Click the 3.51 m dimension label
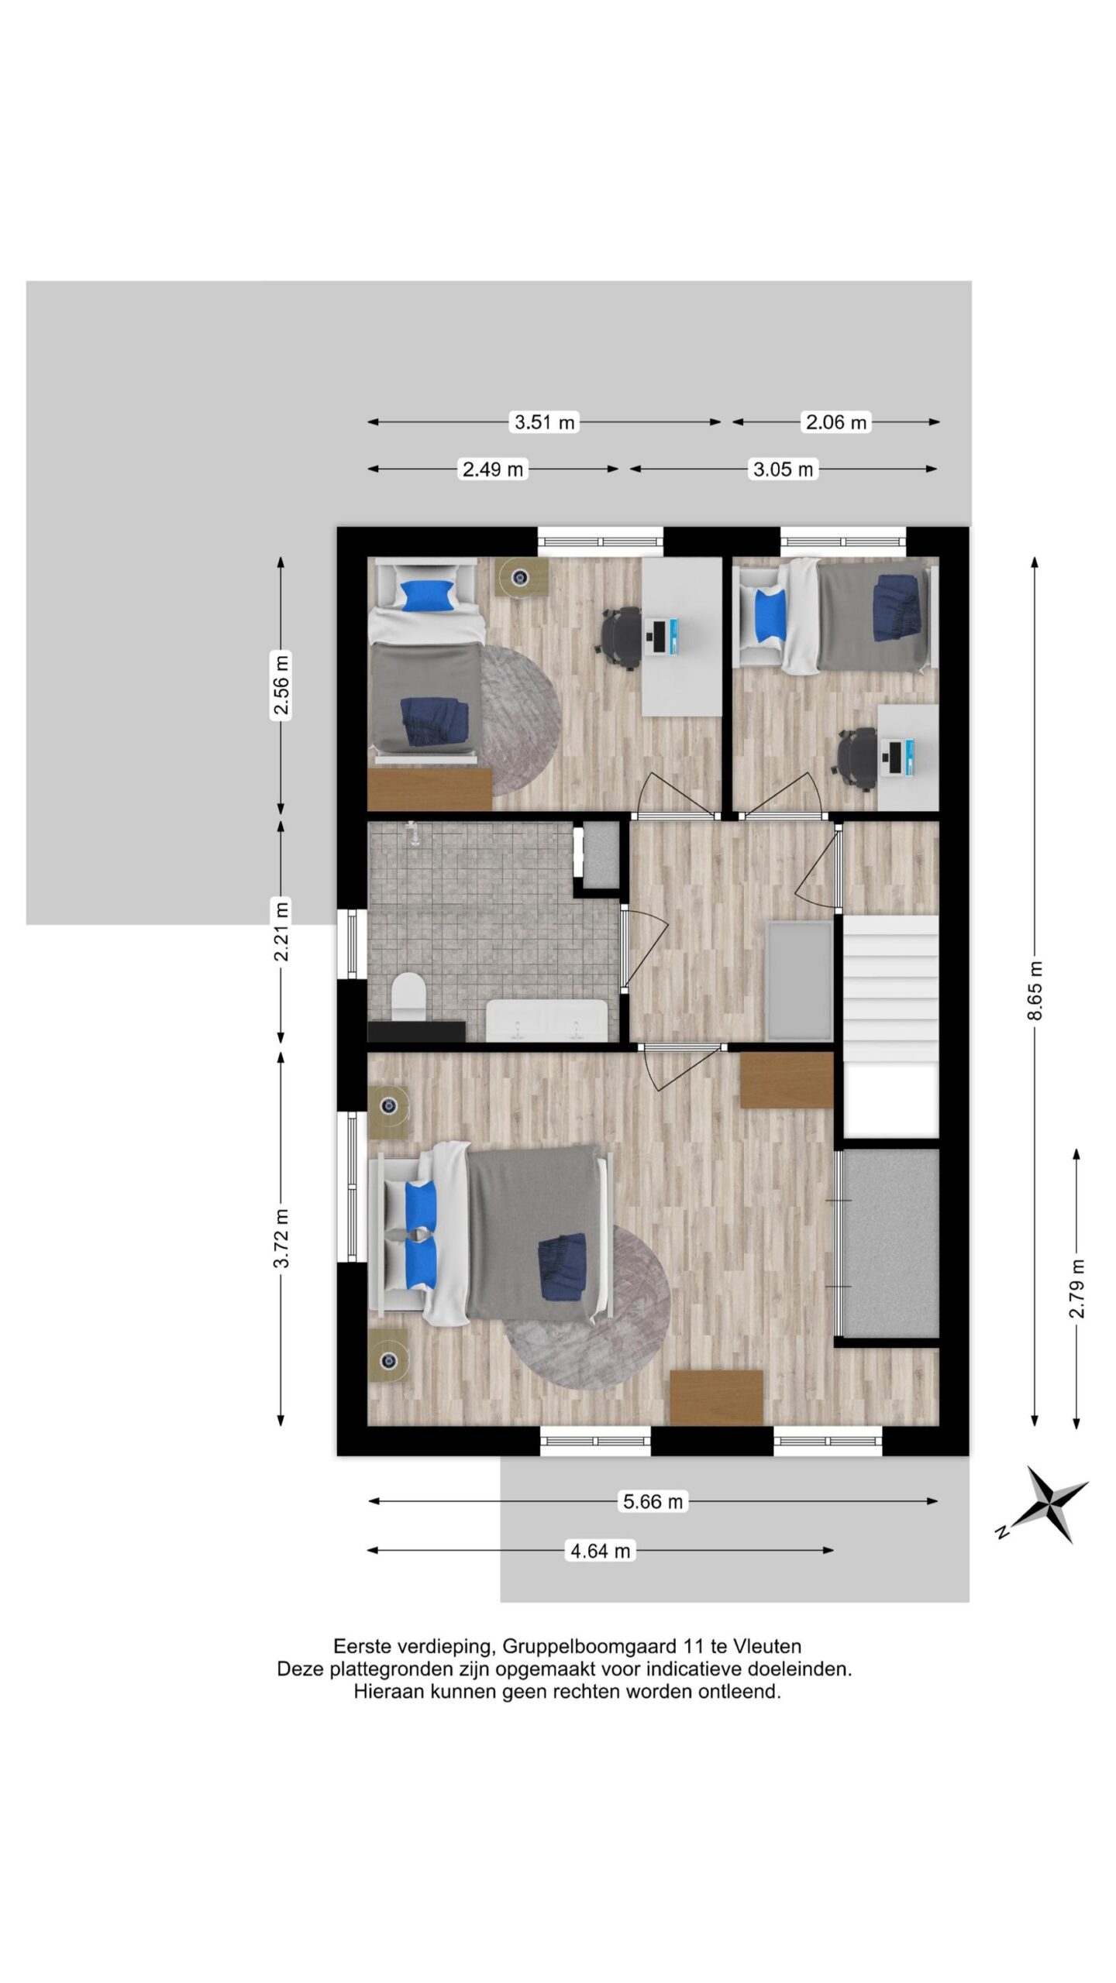click(546, 422)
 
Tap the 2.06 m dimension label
click(836, 422)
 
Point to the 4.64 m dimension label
click(601, 1550)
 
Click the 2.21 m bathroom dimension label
click(281, 930)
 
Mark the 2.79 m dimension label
click(1077, 1288)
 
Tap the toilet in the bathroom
click(408, 998)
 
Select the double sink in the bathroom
click(546, 1020)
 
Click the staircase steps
click(890, 989)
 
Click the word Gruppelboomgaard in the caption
click(591, 1647)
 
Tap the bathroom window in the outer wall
click(353, 943)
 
